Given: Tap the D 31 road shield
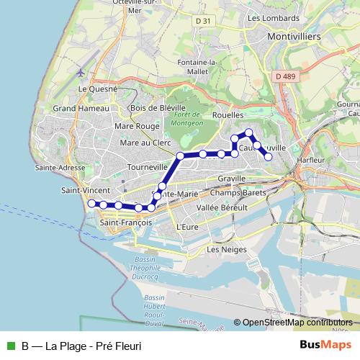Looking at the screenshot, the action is [x=204, y=21].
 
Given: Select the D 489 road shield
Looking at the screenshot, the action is [x=285, y=76].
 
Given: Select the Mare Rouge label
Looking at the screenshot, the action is [x=137, y=126].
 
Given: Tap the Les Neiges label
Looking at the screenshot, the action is [x=226, y=250].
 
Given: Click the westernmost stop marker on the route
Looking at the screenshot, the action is [x=91, y=204].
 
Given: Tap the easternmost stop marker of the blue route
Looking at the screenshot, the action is [x=269, y=156].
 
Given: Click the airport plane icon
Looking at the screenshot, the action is [x=80, y=73].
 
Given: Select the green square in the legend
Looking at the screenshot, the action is [x=11, y=346].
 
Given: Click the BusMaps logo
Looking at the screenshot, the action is [x=325, y=345].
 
